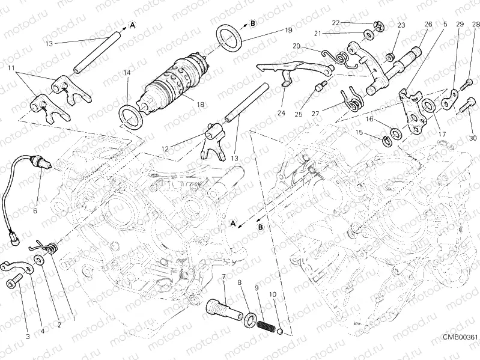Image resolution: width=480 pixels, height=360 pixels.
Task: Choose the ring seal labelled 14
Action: [x=129, y=114]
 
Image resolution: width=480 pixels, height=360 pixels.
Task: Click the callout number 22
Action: [x=336, y=22]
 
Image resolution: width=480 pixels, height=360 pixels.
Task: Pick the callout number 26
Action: [x=428, y=24]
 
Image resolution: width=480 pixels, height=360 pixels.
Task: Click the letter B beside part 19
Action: [x=253, y=23]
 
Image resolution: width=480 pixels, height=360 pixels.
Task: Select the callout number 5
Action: [x=445, y=24]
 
